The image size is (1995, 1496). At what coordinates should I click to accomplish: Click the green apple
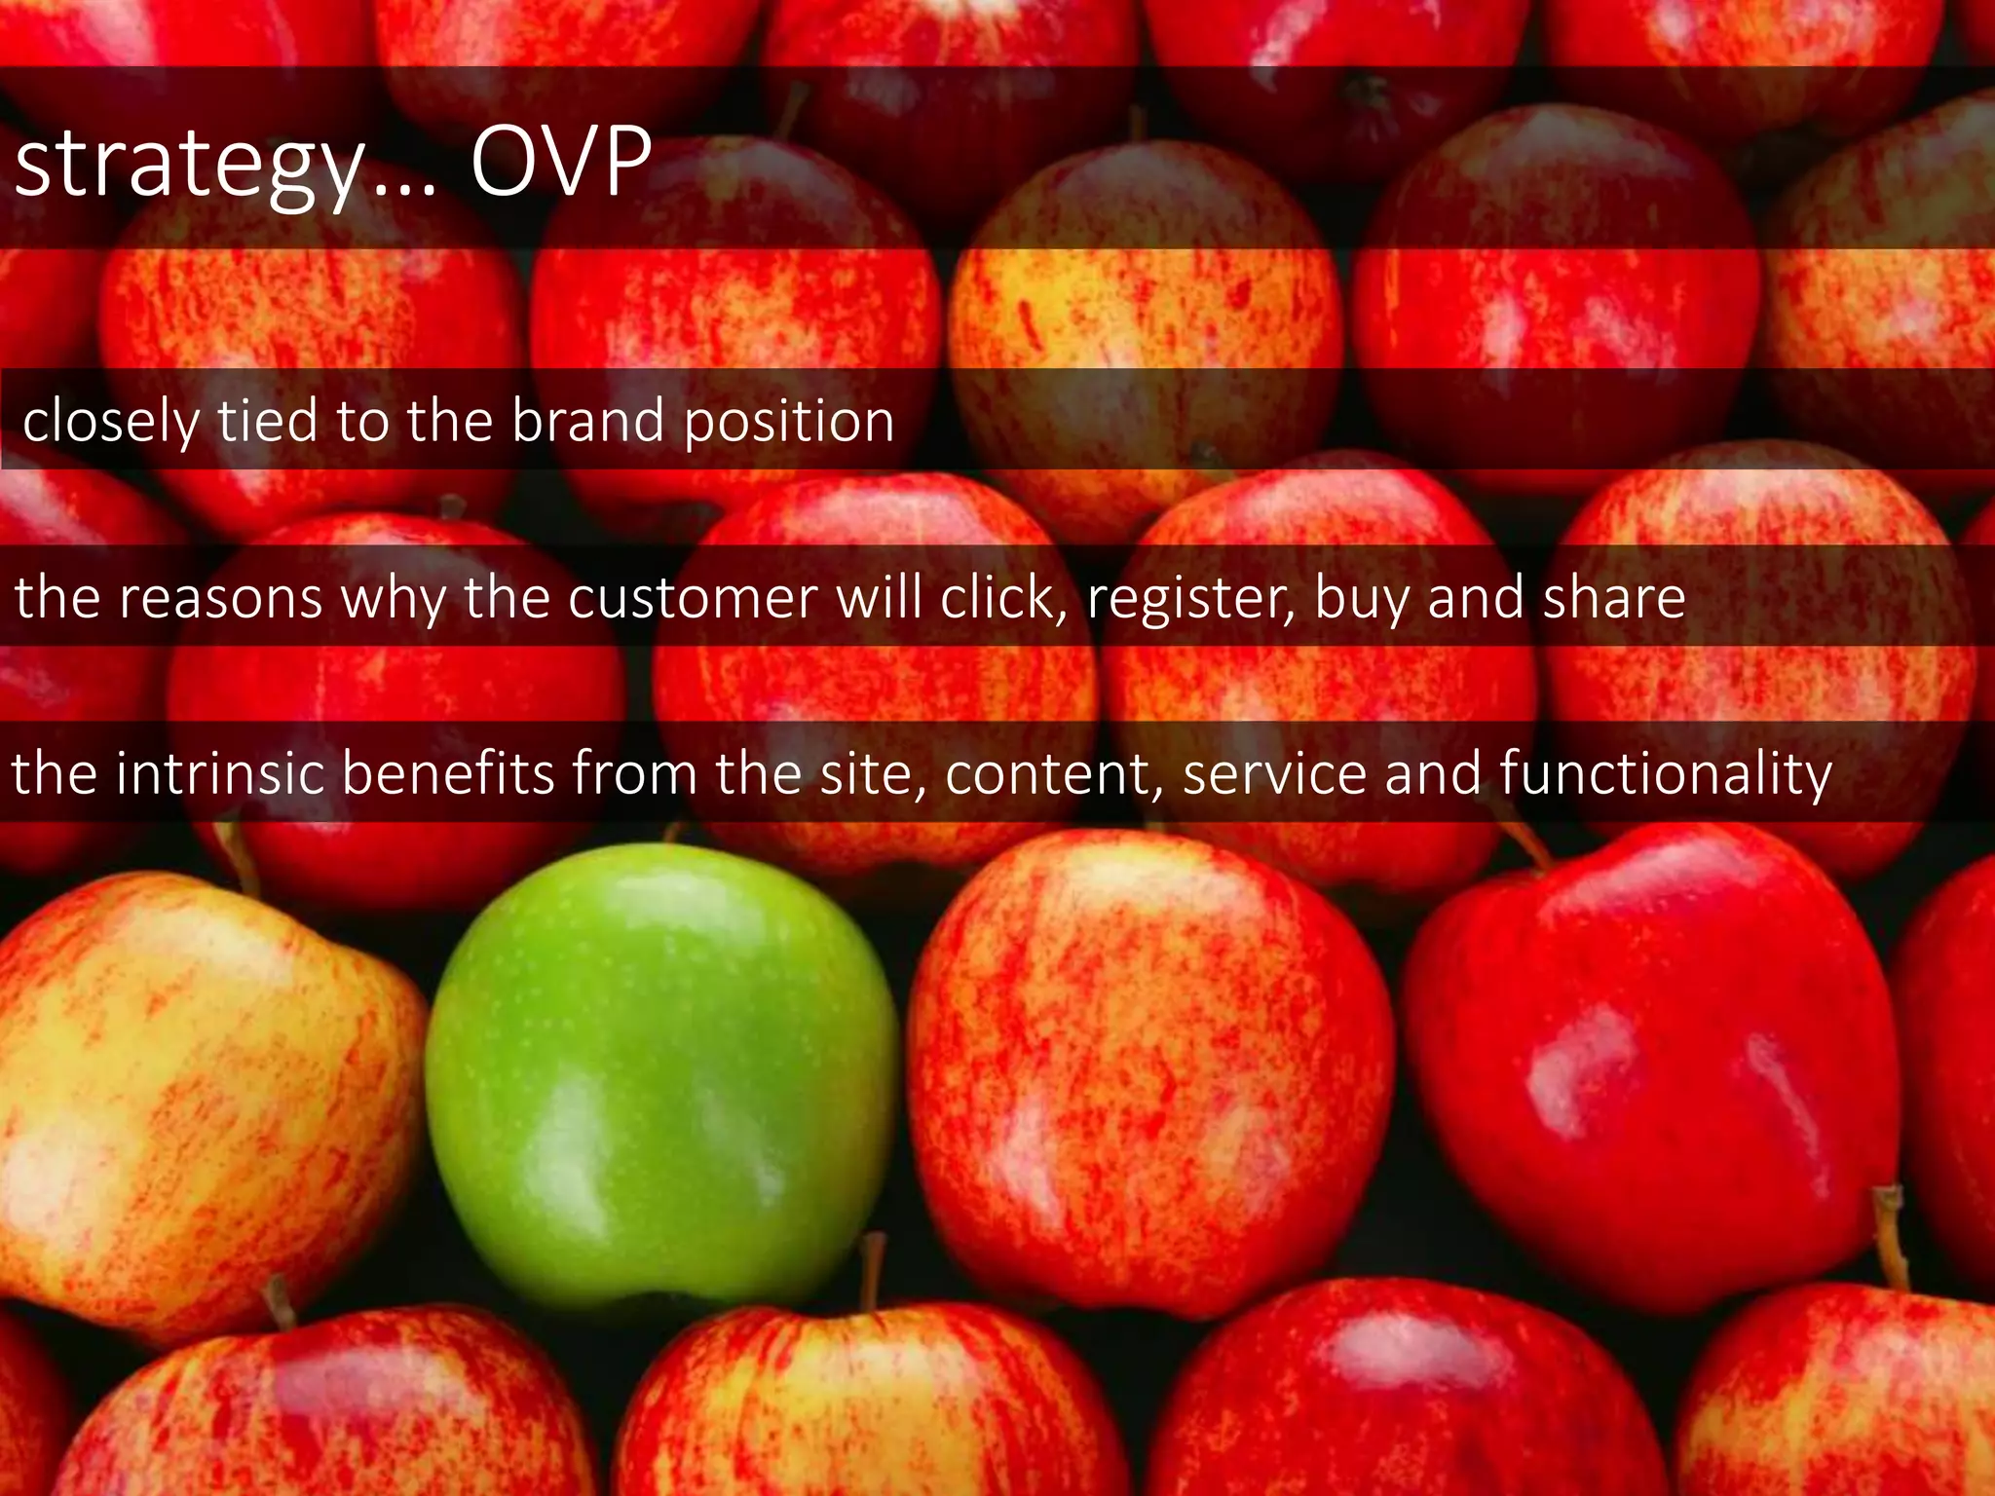point(660,1071)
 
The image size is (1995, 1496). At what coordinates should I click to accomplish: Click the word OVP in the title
point(560,162)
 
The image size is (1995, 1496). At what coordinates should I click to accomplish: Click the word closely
point(110,423)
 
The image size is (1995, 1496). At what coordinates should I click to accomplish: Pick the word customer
point(693,597)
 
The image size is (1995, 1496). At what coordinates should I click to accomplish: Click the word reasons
point(221,598)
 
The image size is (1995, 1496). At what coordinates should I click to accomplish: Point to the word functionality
point(1666,774)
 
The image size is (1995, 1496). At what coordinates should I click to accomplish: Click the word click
point(1002,596)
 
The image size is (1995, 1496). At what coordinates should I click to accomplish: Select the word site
point(872,774)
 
